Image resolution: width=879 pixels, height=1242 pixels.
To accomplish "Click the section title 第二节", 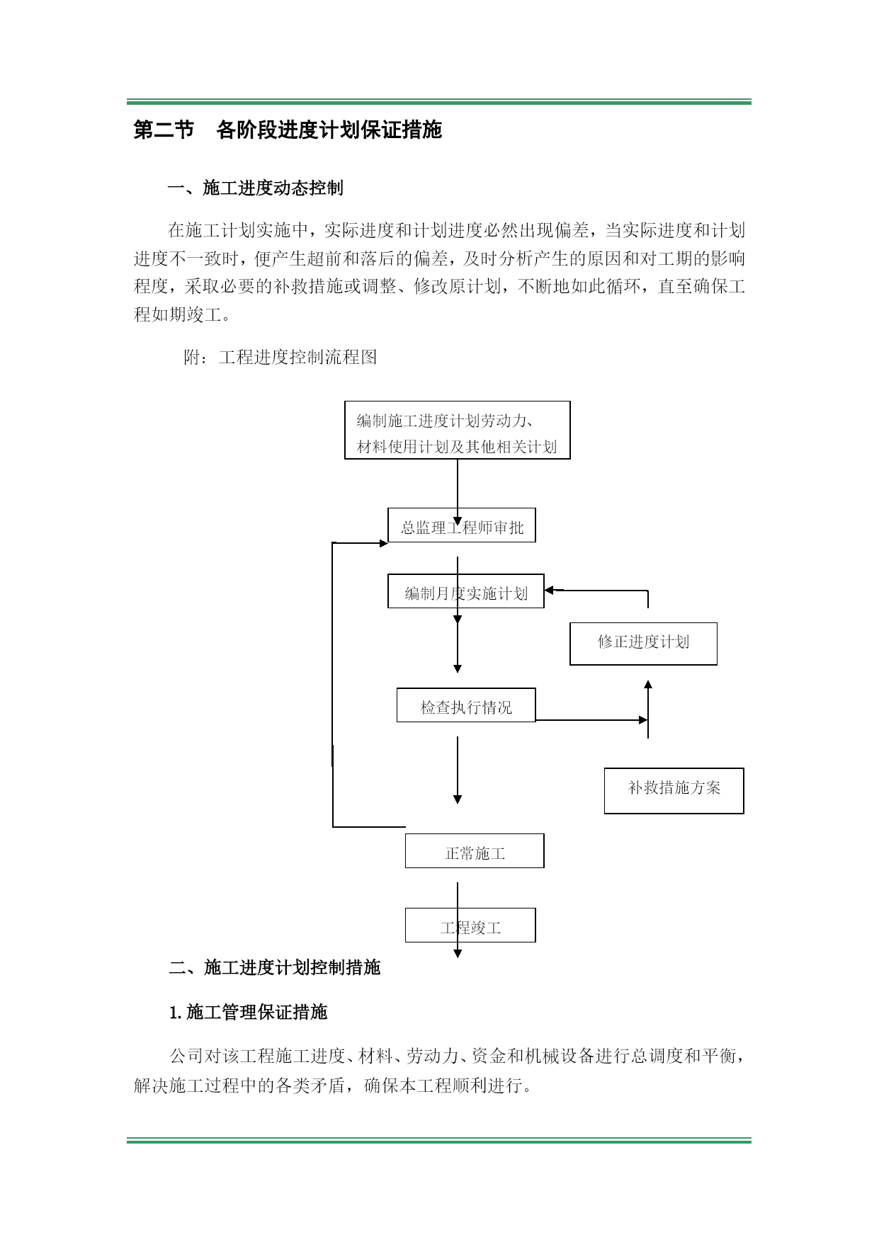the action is pos(164,130).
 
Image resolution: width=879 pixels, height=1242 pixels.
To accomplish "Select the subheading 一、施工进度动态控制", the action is pos(256,188).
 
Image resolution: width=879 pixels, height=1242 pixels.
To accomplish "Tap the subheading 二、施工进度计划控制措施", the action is pos(275,967).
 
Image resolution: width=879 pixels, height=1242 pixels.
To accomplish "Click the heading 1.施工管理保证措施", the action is pos(249,1012).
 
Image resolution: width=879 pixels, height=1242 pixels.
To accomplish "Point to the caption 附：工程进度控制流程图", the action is pos(280,357).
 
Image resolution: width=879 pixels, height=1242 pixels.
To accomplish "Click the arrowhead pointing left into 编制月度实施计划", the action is pos(550,590).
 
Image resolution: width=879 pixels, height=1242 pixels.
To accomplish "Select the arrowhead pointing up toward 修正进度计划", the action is pos(648,685).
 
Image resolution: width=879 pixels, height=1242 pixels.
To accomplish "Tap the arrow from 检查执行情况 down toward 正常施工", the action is pos(458,770).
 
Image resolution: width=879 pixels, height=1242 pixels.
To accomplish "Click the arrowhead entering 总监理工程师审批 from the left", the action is pos(383,543).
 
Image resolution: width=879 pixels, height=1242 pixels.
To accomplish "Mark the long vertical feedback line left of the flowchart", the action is pos(333,685).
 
